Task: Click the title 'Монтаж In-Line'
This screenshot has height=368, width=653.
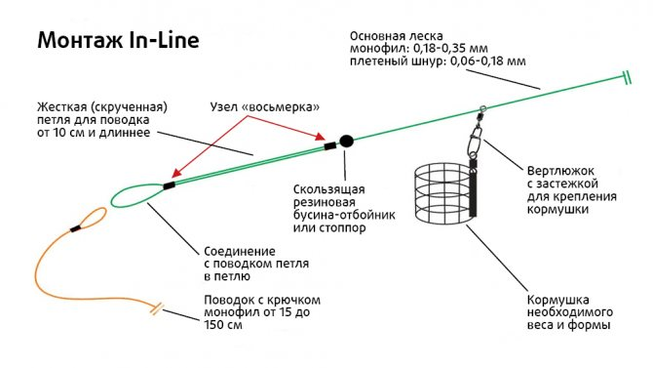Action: click(117, 42)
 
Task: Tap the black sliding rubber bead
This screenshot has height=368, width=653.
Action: click(346, 142)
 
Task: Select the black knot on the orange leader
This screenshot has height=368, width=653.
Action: click(75, 229)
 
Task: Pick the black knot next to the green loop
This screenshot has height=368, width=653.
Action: click(170, 184)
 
